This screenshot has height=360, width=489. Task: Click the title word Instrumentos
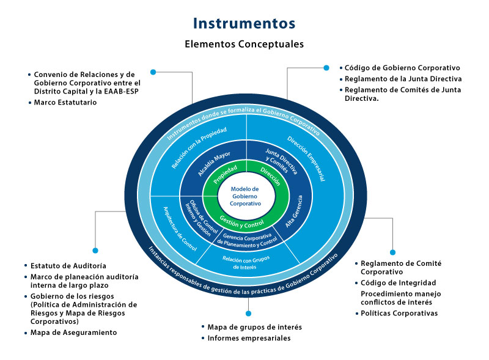pos(244,23)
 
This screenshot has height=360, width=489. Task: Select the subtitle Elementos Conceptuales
pos(244,44)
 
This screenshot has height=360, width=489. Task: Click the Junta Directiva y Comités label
pos(279,163)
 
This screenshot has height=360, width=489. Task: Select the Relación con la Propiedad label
pos(198,149)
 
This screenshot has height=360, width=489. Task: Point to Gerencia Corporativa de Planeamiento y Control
pos(246,240)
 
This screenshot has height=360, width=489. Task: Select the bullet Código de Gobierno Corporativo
pos(402,68)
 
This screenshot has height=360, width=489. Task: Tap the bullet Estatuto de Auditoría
pos(68,266)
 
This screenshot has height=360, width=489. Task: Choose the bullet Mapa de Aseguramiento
pos(73,332)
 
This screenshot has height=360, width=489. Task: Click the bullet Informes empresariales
pos(249,338)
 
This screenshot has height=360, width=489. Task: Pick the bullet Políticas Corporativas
pos(399,314)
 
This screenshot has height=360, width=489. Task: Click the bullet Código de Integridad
pos(398,283)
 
